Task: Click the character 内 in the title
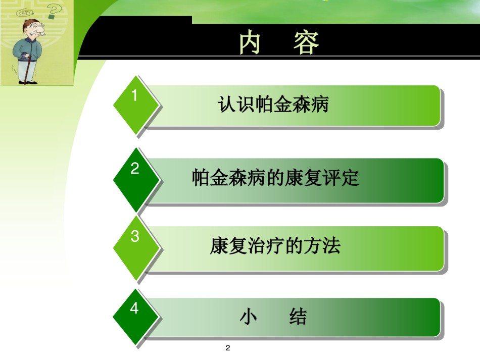(x=250, y=42)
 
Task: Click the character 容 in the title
(x=306, y=42)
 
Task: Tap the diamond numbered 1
(x=136, y=105)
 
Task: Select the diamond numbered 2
(x=136, y=179)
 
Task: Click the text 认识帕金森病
(x=273, y=105)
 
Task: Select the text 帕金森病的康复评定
(x=275, y=177)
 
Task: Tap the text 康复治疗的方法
(x=275, y=245)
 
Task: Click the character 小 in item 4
(x=248, y=316)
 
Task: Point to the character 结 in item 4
(x=298, y=316)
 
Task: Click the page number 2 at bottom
(x=228, y=348)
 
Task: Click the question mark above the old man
(x=55, y=12)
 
